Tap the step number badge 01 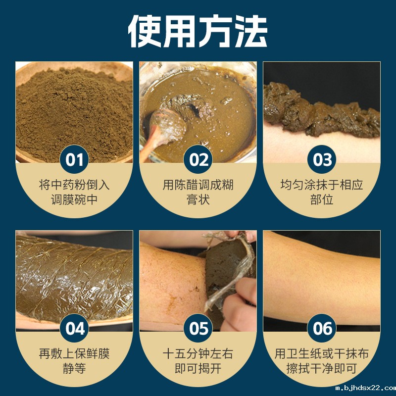74,159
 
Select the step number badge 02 198,159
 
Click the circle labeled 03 322,159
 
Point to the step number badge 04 74,329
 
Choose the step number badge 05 198,329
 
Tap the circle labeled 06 322,329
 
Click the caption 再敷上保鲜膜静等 74,361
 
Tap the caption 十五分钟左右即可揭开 198,361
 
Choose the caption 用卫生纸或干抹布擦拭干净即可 322,361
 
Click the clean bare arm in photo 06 322,277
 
